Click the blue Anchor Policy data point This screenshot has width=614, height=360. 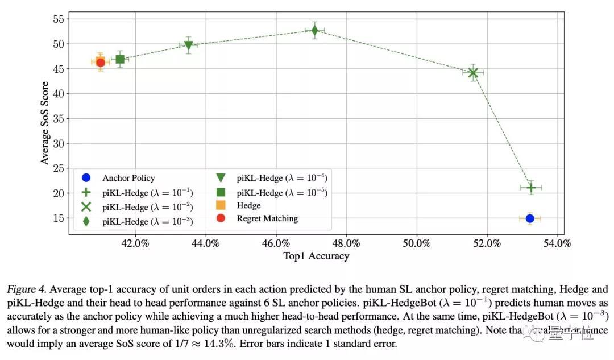tap(530, 218)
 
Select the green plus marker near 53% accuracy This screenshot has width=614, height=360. tap(531, 187)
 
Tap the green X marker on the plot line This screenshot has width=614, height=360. tap(473, 72)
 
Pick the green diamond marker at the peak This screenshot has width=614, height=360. tap(314, 30)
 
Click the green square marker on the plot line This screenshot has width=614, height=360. tap(120, 59)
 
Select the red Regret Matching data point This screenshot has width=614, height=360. tap(100, 63)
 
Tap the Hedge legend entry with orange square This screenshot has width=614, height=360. tap(239, 205)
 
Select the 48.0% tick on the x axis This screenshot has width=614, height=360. tap(346, 243)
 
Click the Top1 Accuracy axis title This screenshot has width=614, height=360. tap(316, 256)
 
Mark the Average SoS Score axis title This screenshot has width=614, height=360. tap(45, 122)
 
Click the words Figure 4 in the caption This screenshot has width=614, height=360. tap(24, 289)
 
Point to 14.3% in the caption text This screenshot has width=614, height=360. tap(210, 344)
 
